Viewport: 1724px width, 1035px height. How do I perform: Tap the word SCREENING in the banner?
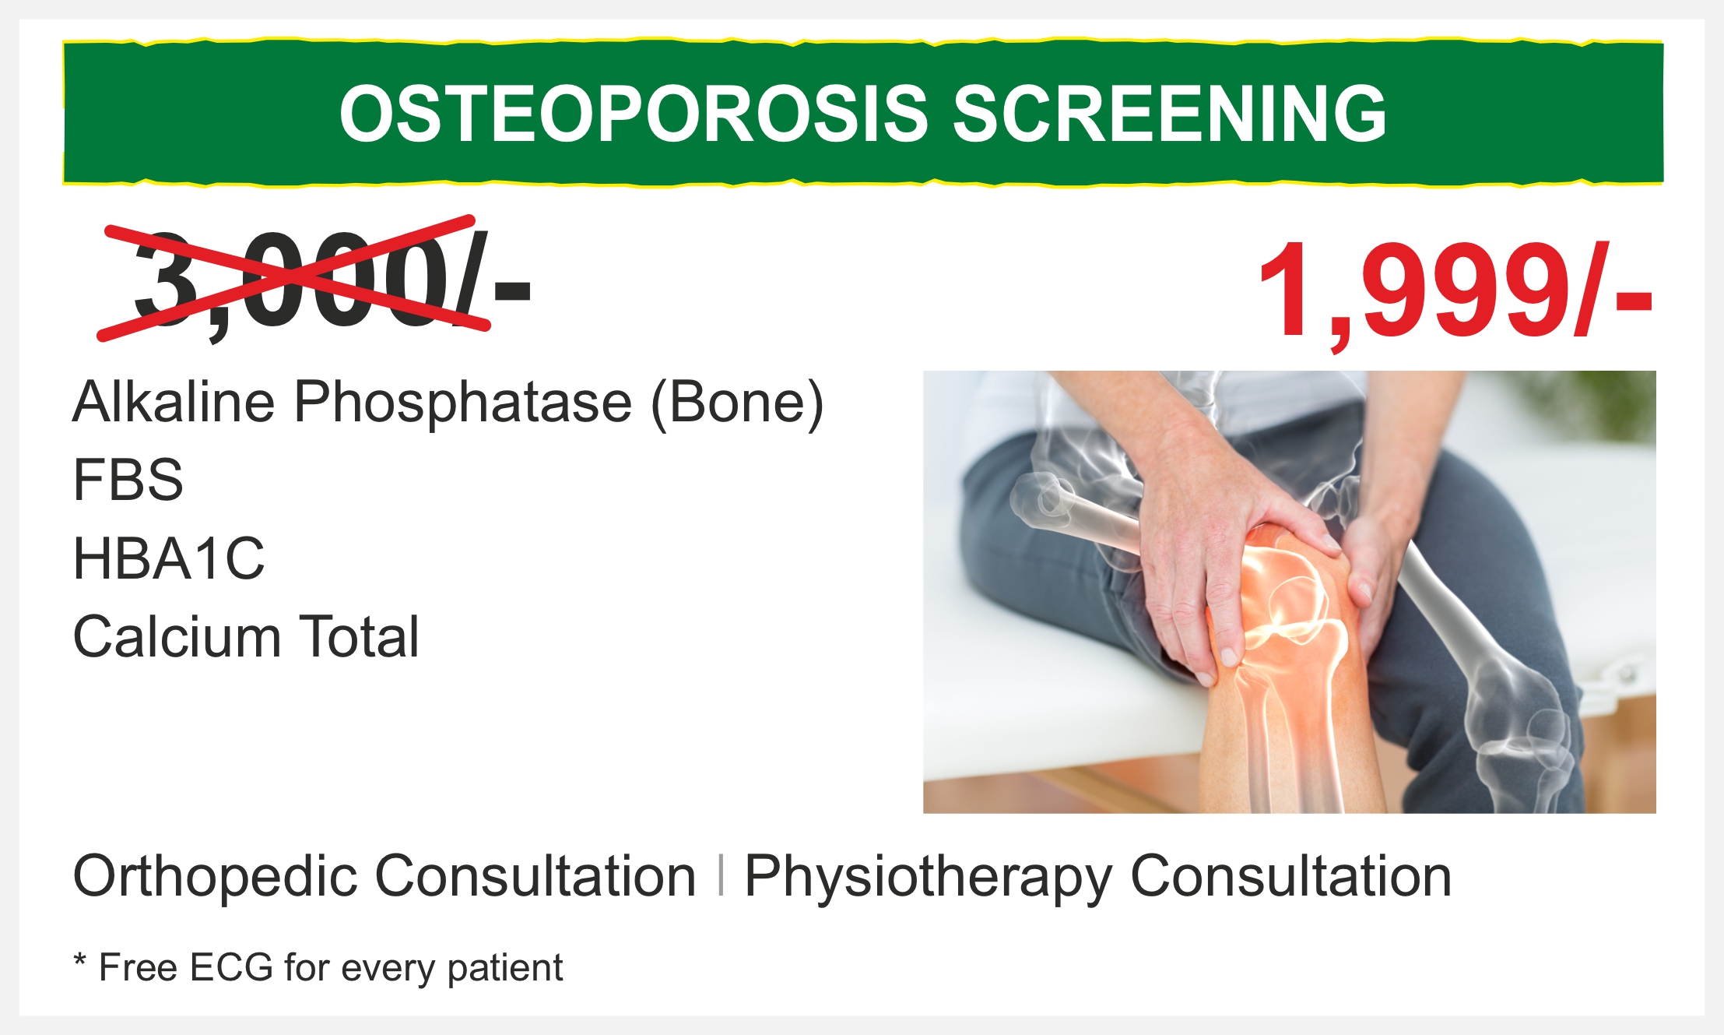[x=1170, y=114]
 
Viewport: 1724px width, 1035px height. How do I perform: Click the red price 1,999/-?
[x=1455, y=293]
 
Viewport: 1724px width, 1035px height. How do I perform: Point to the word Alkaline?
[x=174, y=402]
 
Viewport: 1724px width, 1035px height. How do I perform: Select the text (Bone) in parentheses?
[x=737, y=403]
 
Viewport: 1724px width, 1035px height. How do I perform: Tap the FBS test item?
[x=128, y=480]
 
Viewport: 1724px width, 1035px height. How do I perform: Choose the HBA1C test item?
[x=169, y=558]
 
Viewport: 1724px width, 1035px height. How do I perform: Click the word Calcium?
[x=177, y=637]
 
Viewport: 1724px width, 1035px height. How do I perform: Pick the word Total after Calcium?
[x=360, y=637]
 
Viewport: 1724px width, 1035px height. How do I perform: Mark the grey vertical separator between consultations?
[x=722, y=875]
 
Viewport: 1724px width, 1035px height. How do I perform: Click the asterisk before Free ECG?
[x=79, y=960]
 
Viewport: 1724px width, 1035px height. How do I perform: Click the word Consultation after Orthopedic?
[x=535, y=877]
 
